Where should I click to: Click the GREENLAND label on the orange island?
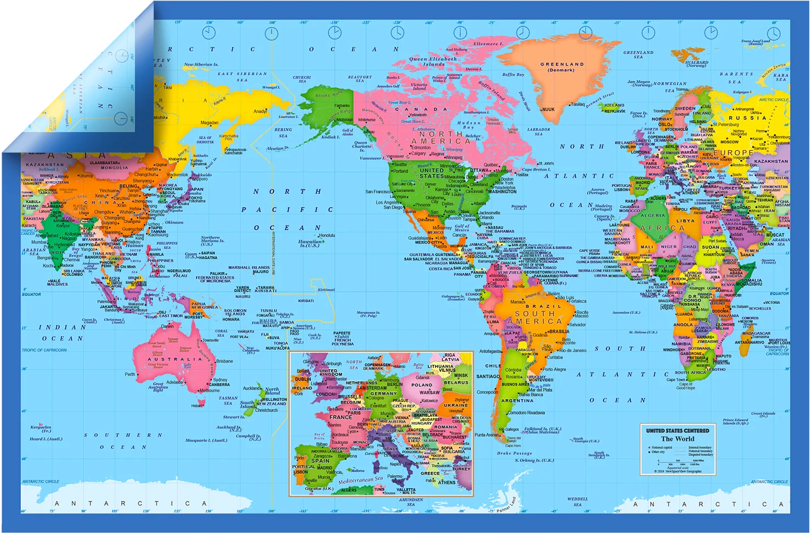[x=562, y=64]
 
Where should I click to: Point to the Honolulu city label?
[x=326, y=236]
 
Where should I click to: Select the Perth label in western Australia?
[x=130, y=374]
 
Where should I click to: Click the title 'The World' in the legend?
[x=678, y=439]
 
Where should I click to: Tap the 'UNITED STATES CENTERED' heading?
[x=678, y=431]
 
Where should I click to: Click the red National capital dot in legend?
[x=648, y=448]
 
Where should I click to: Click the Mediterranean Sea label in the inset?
[x=360, y=480]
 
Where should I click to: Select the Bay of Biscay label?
[x=319, y=437]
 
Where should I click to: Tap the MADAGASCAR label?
[x=756, y=333]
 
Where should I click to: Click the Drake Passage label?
[x=514, y=453]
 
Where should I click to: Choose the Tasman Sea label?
[x=228, y=400]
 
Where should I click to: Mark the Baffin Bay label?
[x=512, y=74]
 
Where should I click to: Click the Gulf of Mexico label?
[x=462, y=227]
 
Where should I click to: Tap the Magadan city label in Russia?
[x=209, y=123]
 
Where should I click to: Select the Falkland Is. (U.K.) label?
[x=542, y=430]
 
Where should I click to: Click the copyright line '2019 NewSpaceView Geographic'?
[x=679, y=471]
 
